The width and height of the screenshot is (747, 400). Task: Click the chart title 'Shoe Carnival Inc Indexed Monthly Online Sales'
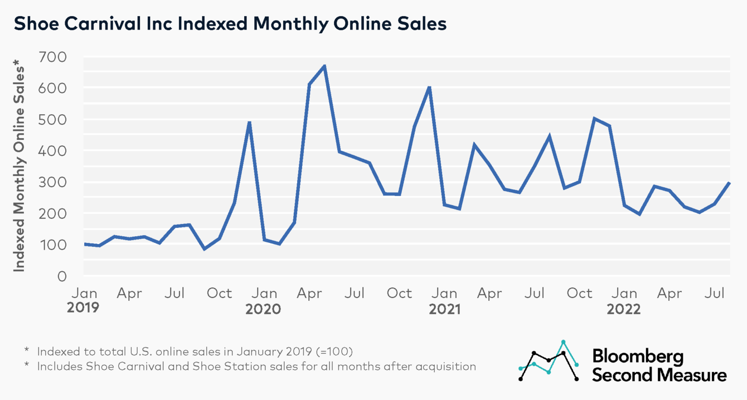click(x=230, y=23)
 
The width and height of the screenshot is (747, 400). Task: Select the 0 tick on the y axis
click(x=62, y=277)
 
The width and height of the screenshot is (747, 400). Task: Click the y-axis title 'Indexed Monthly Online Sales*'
click(x=18, y=165)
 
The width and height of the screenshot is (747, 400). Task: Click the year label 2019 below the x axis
click(x=83, y=308)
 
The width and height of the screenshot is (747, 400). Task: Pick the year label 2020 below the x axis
click(x=263, y=309)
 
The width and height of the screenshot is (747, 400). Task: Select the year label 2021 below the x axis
click(x=444, y=309)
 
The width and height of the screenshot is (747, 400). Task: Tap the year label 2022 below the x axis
click(x=623, y=309)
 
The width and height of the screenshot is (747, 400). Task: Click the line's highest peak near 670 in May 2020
click(x=324, y=66)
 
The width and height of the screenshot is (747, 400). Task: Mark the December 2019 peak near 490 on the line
click(x=249, y=122)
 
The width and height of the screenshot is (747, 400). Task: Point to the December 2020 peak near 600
click(x=429, y=87)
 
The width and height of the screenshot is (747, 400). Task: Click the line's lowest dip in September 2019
click(x=204, y=249)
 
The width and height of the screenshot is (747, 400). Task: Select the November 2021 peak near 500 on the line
click(x=594, y=118)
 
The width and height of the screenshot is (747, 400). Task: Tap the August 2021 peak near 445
click(x=549, y=136)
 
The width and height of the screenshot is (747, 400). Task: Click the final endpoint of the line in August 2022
click(x=729, y=183)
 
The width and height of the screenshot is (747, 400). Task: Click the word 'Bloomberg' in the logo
click(x=637, y=357)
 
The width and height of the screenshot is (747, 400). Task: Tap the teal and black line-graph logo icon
click(x=549, y=361)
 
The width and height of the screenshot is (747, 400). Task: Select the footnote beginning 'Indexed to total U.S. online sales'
click(x=195, y=351)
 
